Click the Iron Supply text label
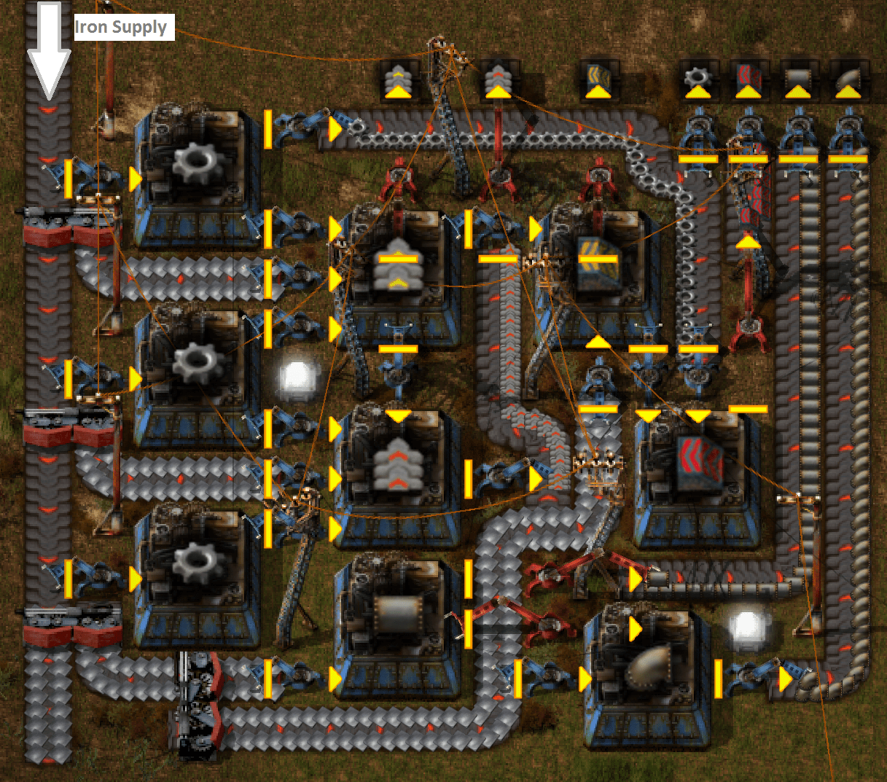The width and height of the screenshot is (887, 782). (122, 28)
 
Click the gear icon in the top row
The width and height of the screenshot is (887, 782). (698, 79)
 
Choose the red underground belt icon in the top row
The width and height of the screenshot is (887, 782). (748, 79)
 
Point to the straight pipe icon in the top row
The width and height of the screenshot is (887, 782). (798, 79)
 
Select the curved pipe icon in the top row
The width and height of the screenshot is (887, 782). (848, 79)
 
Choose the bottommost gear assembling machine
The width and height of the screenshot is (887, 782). (197, 572)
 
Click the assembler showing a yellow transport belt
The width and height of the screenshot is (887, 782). (398, 273)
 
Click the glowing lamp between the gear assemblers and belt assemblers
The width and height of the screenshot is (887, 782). (297, 378)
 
